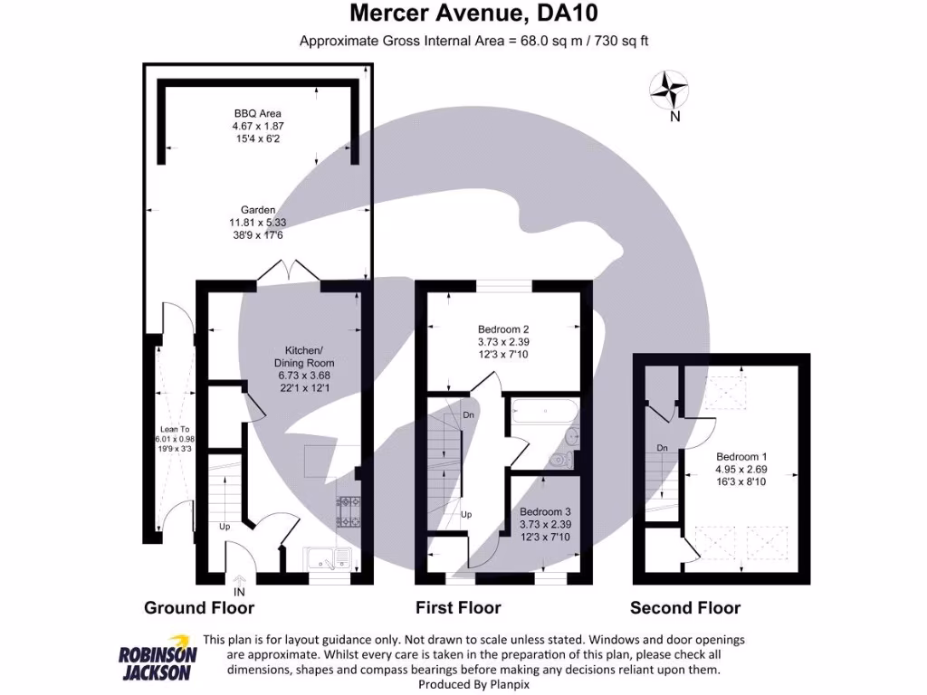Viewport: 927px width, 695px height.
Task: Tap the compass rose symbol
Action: click(x=670, y=90)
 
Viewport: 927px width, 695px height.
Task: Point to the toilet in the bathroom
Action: click(x=568, y=439)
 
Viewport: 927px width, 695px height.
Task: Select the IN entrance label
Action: click(x=239, y=593)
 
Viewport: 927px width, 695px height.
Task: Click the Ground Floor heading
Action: click(x=199, y=608)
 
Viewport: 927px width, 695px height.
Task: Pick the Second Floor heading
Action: click(x=685, y=608)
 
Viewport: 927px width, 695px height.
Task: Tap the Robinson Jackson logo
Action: click(x=158, y=657)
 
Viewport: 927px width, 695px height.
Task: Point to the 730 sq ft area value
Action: click(x=620, y=41)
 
